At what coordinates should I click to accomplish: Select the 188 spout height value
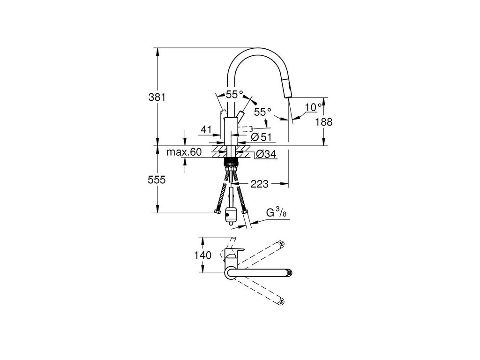[323, 122]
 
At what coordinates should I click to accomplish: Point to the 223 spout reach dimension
[259, 184]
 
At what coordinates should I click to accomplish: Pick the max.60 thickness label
[184, 152]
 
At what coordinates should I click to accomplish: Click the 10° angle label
[313, 107]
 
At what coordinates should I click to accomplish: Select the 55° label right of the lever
[262, 112]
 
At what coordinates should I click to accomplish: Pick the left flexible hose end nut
[217, 212]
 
